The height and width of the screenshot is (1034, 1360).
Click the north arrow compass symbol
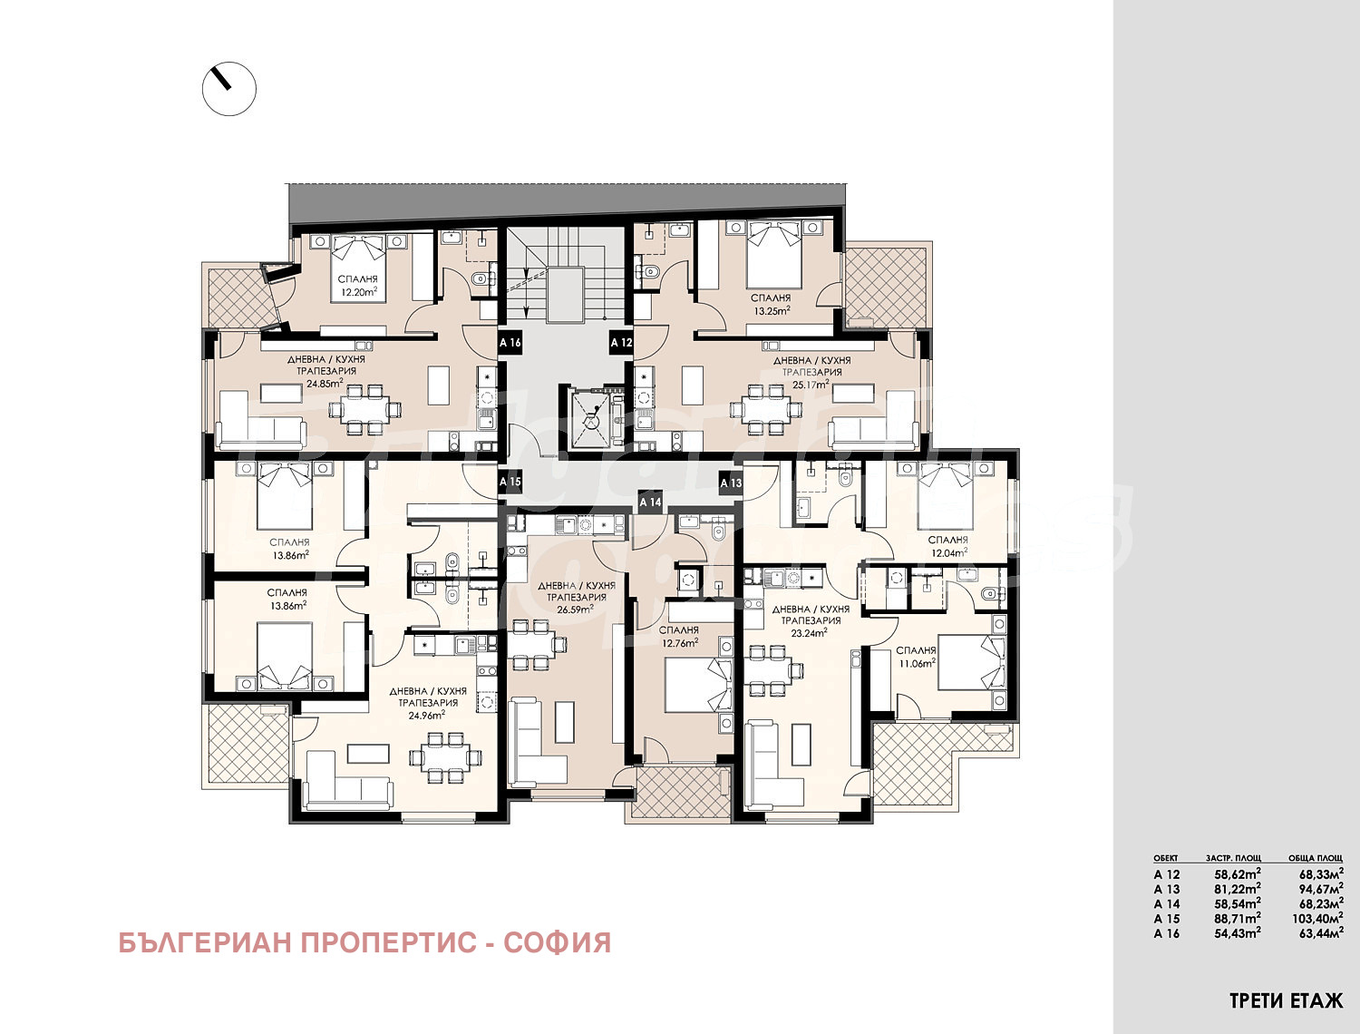point(228,89)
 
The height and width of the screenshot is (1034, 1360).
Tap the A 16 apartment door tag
point(510,343)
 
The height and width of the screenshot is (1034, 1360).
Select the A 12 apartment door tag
point(621,343)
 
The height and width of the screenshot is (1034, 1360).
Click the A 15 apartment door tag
point(510,482)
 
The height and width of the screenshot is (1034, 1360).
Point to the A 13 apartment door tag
point(731,483)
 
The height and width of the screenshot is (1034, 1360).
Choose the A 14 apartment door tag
point(650,502)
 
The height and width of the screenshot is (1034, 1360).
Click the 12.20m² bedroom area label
point(358,293)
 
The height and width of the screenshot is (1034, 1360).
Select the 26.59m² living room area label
point(576,610)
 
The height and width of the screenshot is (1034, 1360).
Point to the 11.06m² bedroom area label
point(916,662)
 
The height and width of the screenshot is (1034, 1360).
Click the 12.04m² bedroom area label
point(948,551)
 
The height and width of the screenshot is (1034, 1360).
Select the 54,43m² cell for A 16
point(1237,933)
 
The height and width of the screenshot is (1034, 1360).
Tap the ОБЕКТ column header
point(1166,858)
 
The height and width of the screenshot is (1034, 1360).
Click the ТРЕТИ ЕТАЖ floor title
point(1286,1001)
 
